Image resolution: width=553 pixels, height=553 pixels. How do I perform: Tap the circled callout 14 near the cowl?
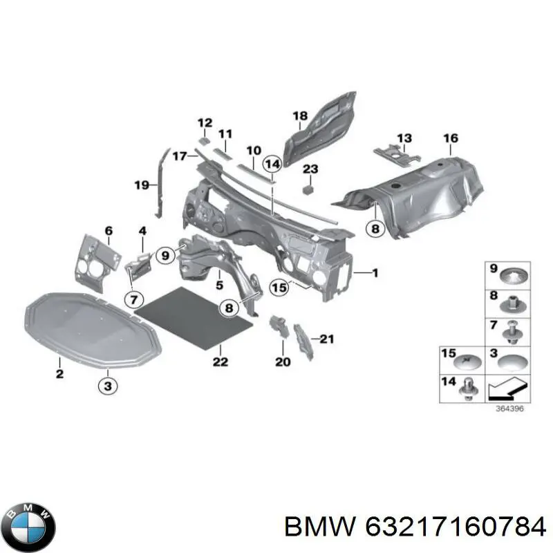coord(272,164)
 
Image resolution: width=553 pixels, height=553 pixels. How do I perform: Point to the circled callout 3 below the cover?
coord(108,386)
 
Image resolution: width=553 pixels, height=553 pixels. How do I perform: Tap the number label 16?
coord(450,139)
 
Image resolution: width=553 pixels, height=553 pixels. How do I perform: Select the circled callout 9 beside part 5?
coord(165,256)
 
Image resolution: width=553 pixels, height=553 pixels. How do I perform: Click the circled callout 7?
coord(133,299)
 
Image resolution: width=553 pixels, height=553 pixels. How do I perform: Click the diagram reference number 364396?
coord(509,409)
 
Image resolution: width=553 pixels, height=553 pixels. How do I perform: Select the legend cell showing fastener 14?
coord(464,390)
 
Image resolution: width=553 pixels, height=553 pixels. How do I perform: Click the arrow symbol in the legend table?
coord(508,390)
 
